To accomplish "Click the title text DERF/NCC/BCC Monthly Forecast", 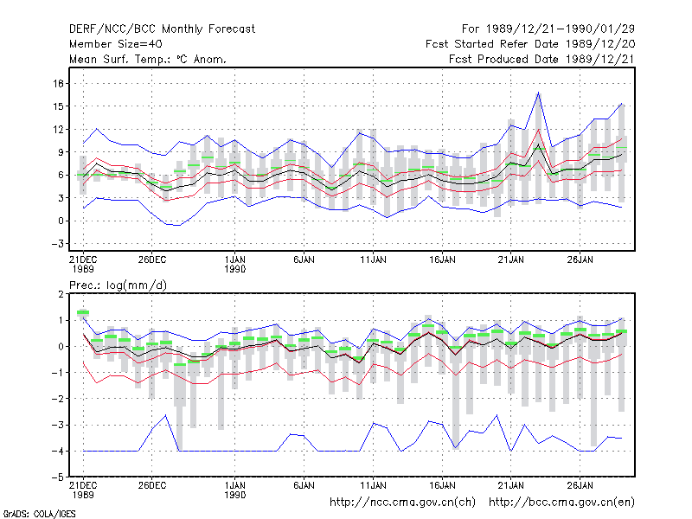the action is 162,29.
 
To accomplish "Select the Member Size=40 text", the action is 116,44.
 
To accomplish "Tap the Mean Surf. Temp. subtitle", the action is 148,59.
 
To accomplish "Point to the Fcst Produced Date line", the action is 541,59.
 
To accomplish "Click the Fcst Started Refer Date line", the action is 530,44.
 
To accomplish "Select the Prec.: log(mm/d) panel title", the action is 119,285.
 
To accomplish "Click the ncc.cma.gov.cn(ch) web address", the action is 402,503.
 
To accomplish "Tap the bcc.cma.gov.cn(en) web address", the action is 561,503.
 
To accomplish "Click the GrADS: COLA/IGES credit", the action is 39,514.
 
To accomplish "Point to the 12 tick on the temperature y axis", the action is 58,129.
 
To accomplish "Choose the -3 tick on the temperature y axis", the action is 57,244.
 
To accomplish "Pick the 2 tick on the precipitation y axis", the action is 61,294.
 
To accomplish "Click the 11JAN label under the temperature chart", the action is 373,260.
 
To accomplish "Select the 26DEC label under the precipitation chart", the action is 152,485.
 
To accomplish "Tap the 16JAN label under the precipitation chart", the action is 442,485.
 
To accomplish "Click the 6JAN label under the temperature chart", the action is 304,260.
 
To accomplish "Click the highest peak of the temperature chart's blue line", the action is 538,93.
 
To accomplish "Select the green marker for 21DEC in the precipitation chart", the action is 83,312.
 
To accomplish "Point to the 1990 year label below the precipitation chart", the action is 234,495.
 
